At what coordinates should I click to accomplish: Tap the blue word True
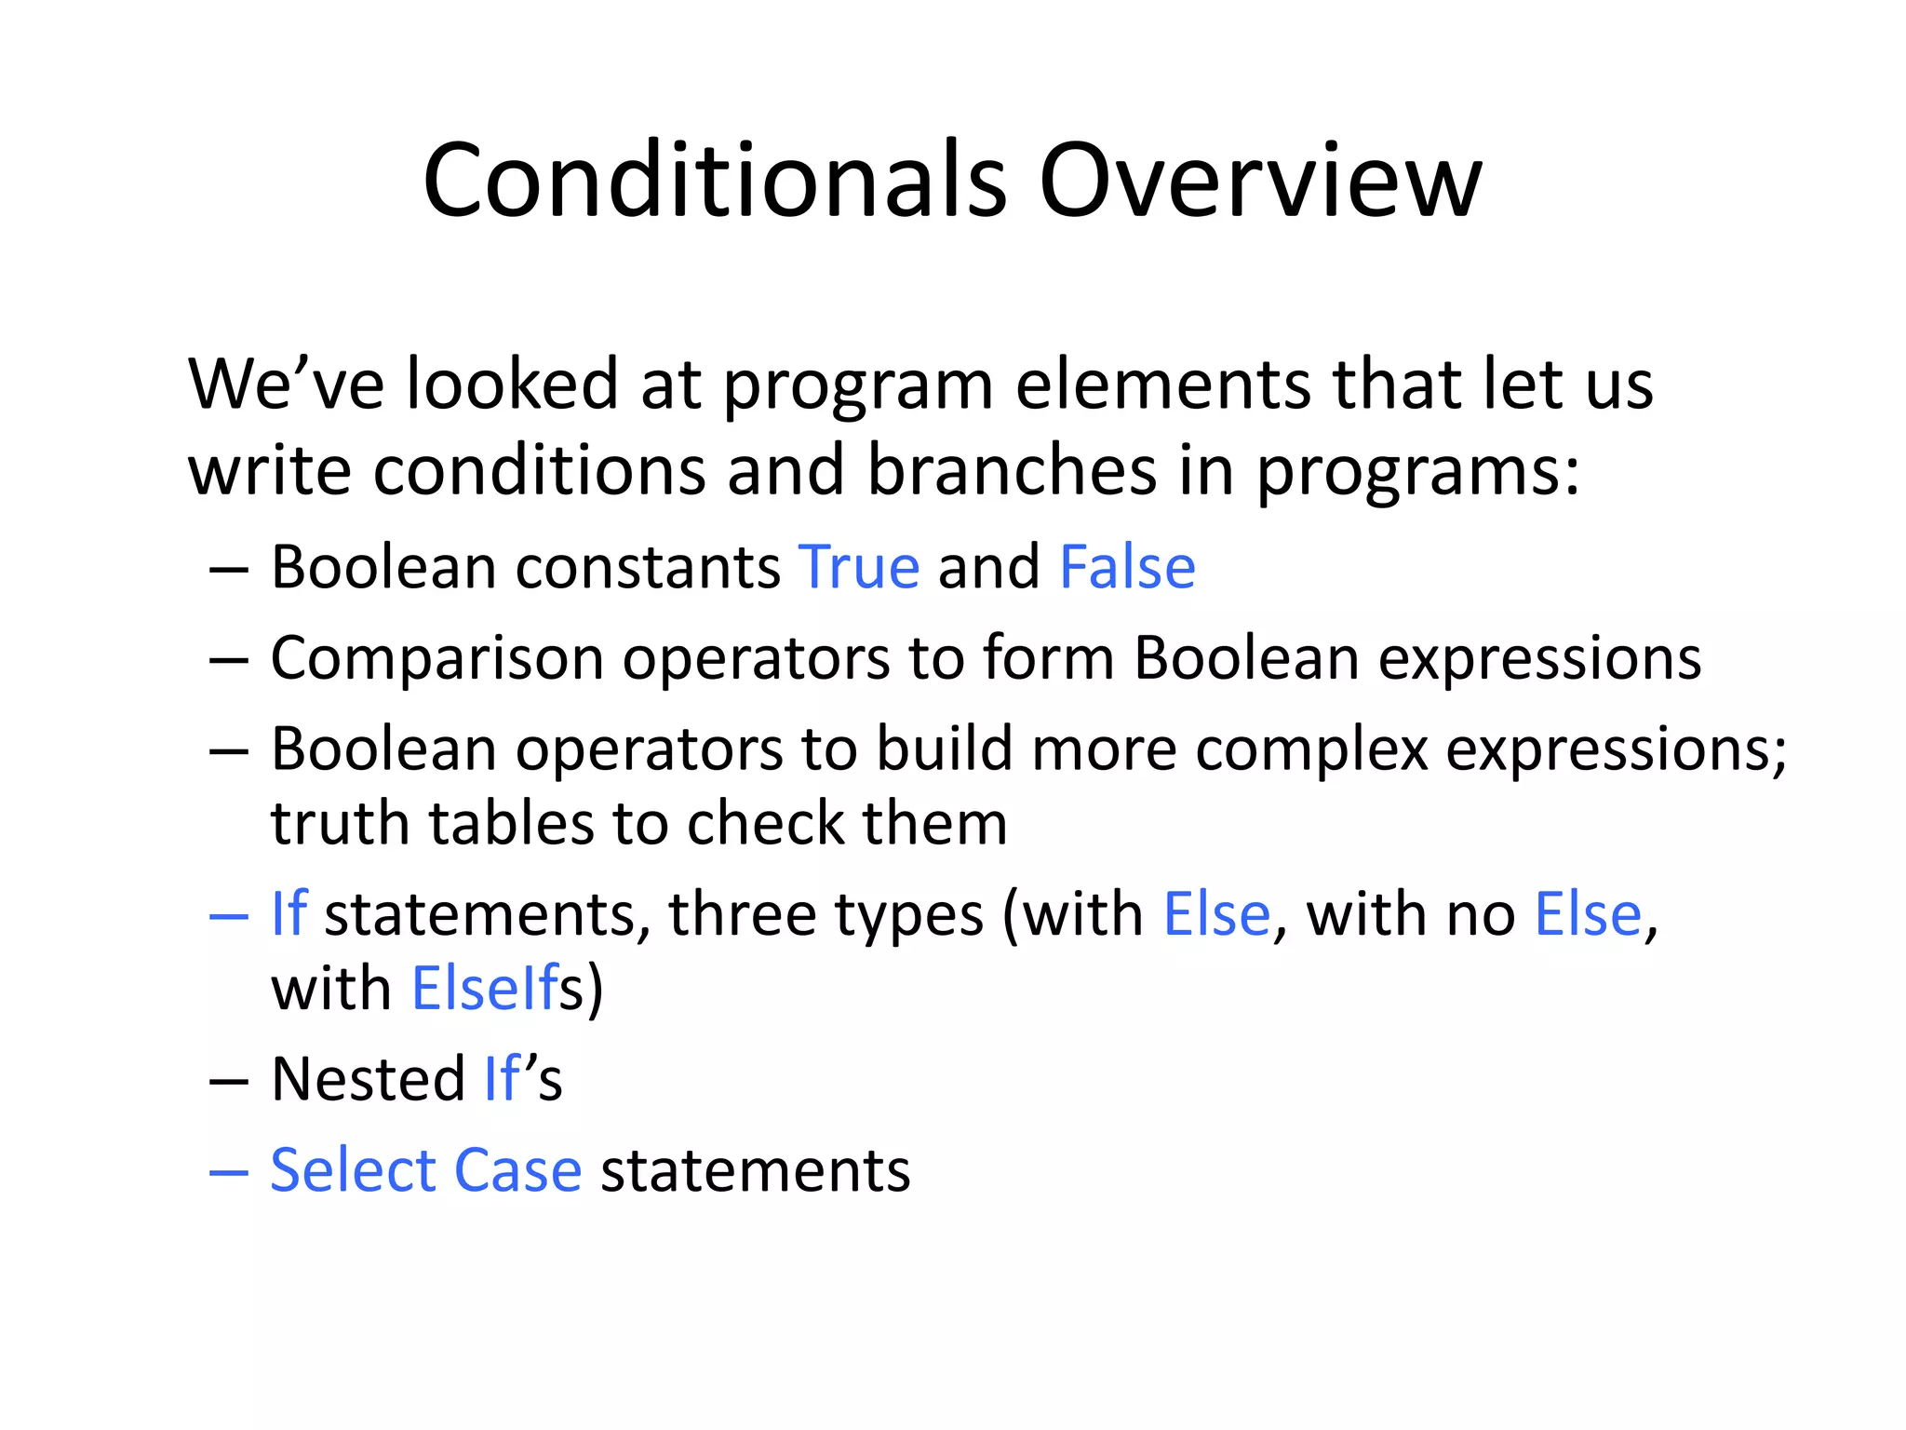(859, 567)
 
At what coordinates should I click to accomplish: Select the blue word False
(1127, 567)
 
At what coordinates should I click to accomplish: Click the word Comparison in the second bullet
(437, 659)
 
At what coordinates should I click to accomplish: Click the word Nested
(368, 1079)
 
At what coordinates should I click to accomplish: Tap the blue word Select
(353, 1170)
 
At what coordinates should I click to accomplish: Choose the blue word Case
(517, 1170)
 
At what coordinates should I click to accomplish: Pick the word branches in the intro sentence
(1012, 470)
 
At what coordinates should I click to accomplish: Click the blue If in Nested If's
(502, 1079)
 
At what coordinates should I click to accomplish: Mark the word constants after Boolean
(648, 567)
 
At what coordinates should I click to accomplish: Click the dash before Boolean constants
(229, 569)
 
